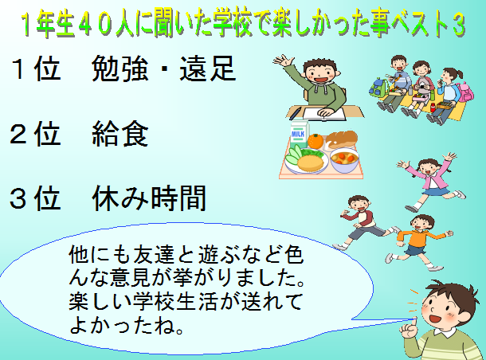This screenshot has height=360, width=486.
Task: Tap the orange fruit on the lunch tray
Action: pos(316,141)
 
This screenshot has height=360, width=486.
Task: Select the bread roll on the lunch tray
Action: pos(341,139)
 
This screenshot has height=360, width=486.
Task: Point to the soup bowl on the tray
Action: pos(344,160)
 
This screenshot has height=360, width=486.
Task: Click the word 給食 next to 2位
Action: pos(120,134)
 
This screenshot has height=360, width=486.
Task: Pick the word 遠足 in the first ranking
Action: pos(207,68)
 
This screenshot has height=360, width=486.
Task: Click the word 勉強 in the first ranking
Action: pos(120,68)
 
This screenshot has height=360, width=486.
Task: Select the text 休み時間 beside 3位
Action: pos(149,198)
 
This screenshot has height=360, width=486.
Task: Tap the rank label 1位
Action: pos(36,68)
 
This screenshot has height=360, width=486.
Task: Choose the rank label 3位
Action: pos(35,198)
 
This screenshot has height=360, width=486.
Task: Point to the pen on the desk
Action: pos(295,113)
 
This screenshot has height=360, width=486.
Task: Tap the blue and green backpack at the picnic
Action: pos(379,88)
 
